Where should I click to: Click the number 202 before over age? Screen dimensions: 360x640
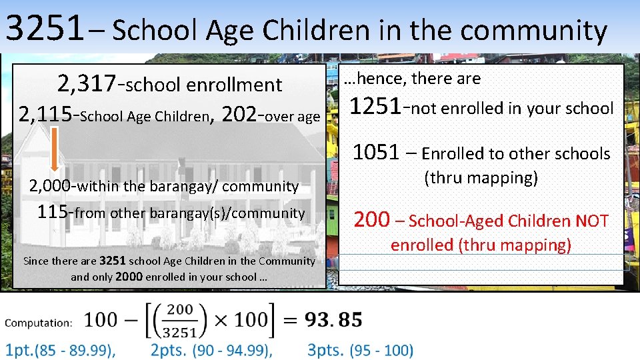[240, 115]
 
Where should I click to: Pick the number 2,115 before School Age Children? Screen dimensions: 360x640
[45, 115]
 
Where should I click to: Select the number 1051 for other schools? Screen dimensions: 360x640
[376, 153]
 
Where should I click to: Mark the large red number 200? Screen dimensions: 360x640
[371, 219]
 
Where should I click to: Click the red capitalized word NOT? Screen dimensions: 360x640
[591, 221]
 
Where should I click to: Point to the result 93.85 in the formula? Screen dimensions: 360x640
[333, 319]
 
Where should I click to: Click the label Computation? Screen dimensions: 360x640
[39, 323]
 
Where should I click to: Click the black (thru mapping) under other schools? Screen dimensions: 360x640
[481, 178]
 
